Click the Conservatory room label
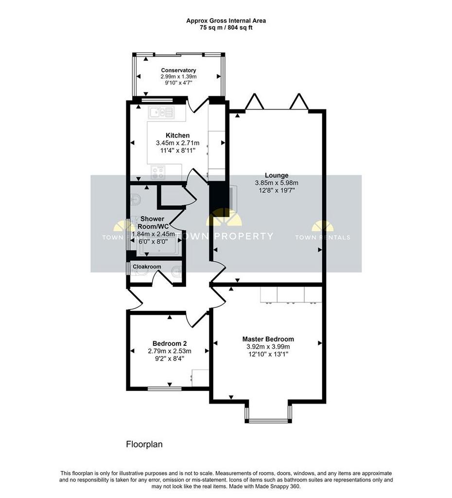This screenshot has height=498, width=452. point(178,70)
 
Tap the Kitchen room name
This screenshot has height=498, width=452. point(178,135)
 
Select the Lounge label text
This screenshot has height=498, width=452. point(277,175)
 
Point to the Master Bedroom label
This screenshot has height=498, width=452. point(268,339)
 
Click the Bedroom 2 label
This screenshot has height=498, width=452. point(170,344)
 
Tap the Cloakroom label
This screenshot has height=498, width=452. point(147,267)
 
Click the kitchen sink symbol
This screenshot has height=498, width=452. point(161,112)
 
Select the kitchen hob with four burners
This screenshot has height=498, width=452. point(158,173)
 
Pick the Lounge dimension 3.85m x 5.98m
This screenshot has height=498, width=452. point(277,183)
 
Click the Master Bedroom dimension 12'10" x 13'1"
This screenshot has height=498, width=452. point(269,354)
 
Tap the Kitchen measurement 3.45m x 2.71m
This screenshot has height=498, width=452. point(178,143)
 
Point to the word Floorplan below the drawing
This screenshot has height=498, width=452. point(144,444)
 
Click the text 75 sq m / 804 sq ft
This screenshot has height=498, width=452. point(226,28)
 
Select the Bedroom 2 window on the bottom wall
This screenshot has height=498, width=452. point(165,389)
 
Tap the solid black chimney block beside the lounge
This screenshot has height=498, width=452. point(220,199)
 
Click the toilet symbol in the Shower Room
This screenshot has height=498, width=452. point(136,198)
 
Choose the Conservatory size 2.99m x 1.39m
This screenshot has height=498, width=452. point(178,76)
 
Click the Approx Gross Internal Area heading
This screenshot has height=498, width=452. point(226,21)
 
